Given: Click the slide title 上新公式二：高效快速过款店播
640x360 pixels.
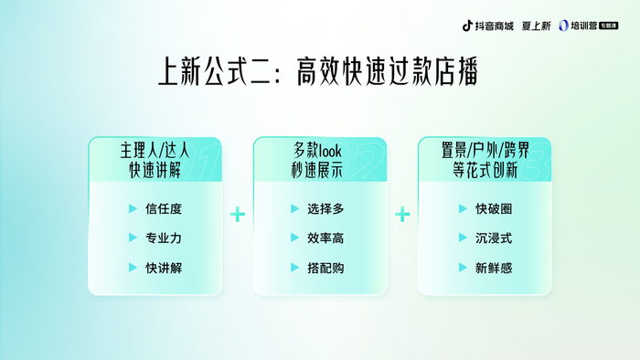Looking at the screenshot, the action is pos(318,71).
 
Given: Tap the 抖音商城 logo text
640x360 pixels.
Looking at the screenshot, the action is pos(494,26).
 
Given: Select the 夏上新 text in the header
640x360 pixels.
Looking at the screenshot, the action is pos(537,26).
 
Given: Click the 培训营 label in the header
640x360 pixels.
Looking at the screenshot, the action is pos(583,26).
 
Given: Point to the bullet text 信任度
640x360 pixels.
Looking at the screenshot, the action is pos(164,208).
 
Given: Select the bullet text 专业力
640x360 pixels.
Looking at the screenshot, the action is pos(164,238).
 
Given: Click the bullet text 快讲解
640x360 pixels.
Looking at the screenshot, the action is pos(164,268).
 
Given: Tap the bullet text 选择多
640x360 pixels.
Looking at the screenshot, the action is pos(325,208).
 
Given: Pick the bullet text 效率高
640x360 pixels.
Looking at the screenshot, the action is pos(325,238).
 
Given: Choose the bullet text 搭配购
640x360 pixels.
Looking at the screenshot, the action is pos(325,268).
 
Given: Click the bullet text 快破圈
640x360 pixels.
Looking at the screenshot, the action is pos(494,208).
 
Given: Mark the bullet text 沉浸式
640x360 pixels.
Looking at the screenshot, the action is pos(494,238).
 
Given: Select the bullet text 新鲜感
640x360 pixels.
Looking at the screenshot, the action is pos(494,268).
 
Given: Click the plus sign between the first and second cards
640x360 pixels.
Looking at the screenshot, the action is pos(238,215).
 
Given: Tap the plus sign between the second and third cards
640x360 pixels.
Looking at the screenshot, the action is pos(402,215).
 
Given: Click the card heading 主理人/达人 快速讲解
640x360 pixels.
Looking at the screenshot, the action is pos(155,160).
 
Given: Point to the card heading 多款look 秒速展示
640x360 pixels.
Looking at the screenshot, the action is pos(317,160).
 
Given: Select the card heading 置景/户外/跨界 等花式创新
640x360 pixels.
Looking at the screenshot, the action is pos(485,160).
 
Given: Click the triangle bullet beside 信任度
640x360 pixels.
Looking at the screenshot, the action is pos(133,208).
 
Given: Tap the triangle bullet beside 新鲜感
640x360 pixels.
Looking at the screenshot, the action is pos(463,268).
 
